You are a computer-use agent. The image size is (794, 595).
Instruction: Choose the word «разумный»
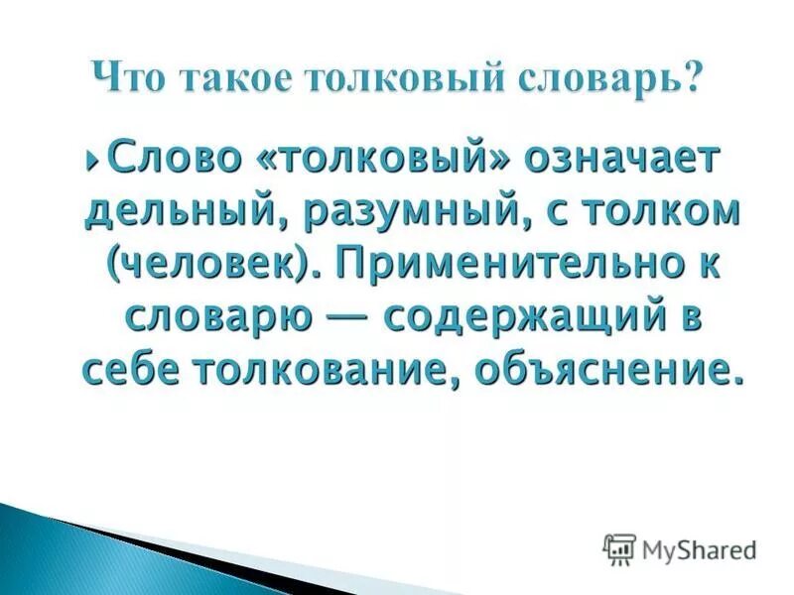pyautogui.click(x=394, y=211)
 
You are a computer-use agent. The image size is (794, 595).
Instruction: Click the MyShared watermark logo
pyautogui.click(x=681, y=548)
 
